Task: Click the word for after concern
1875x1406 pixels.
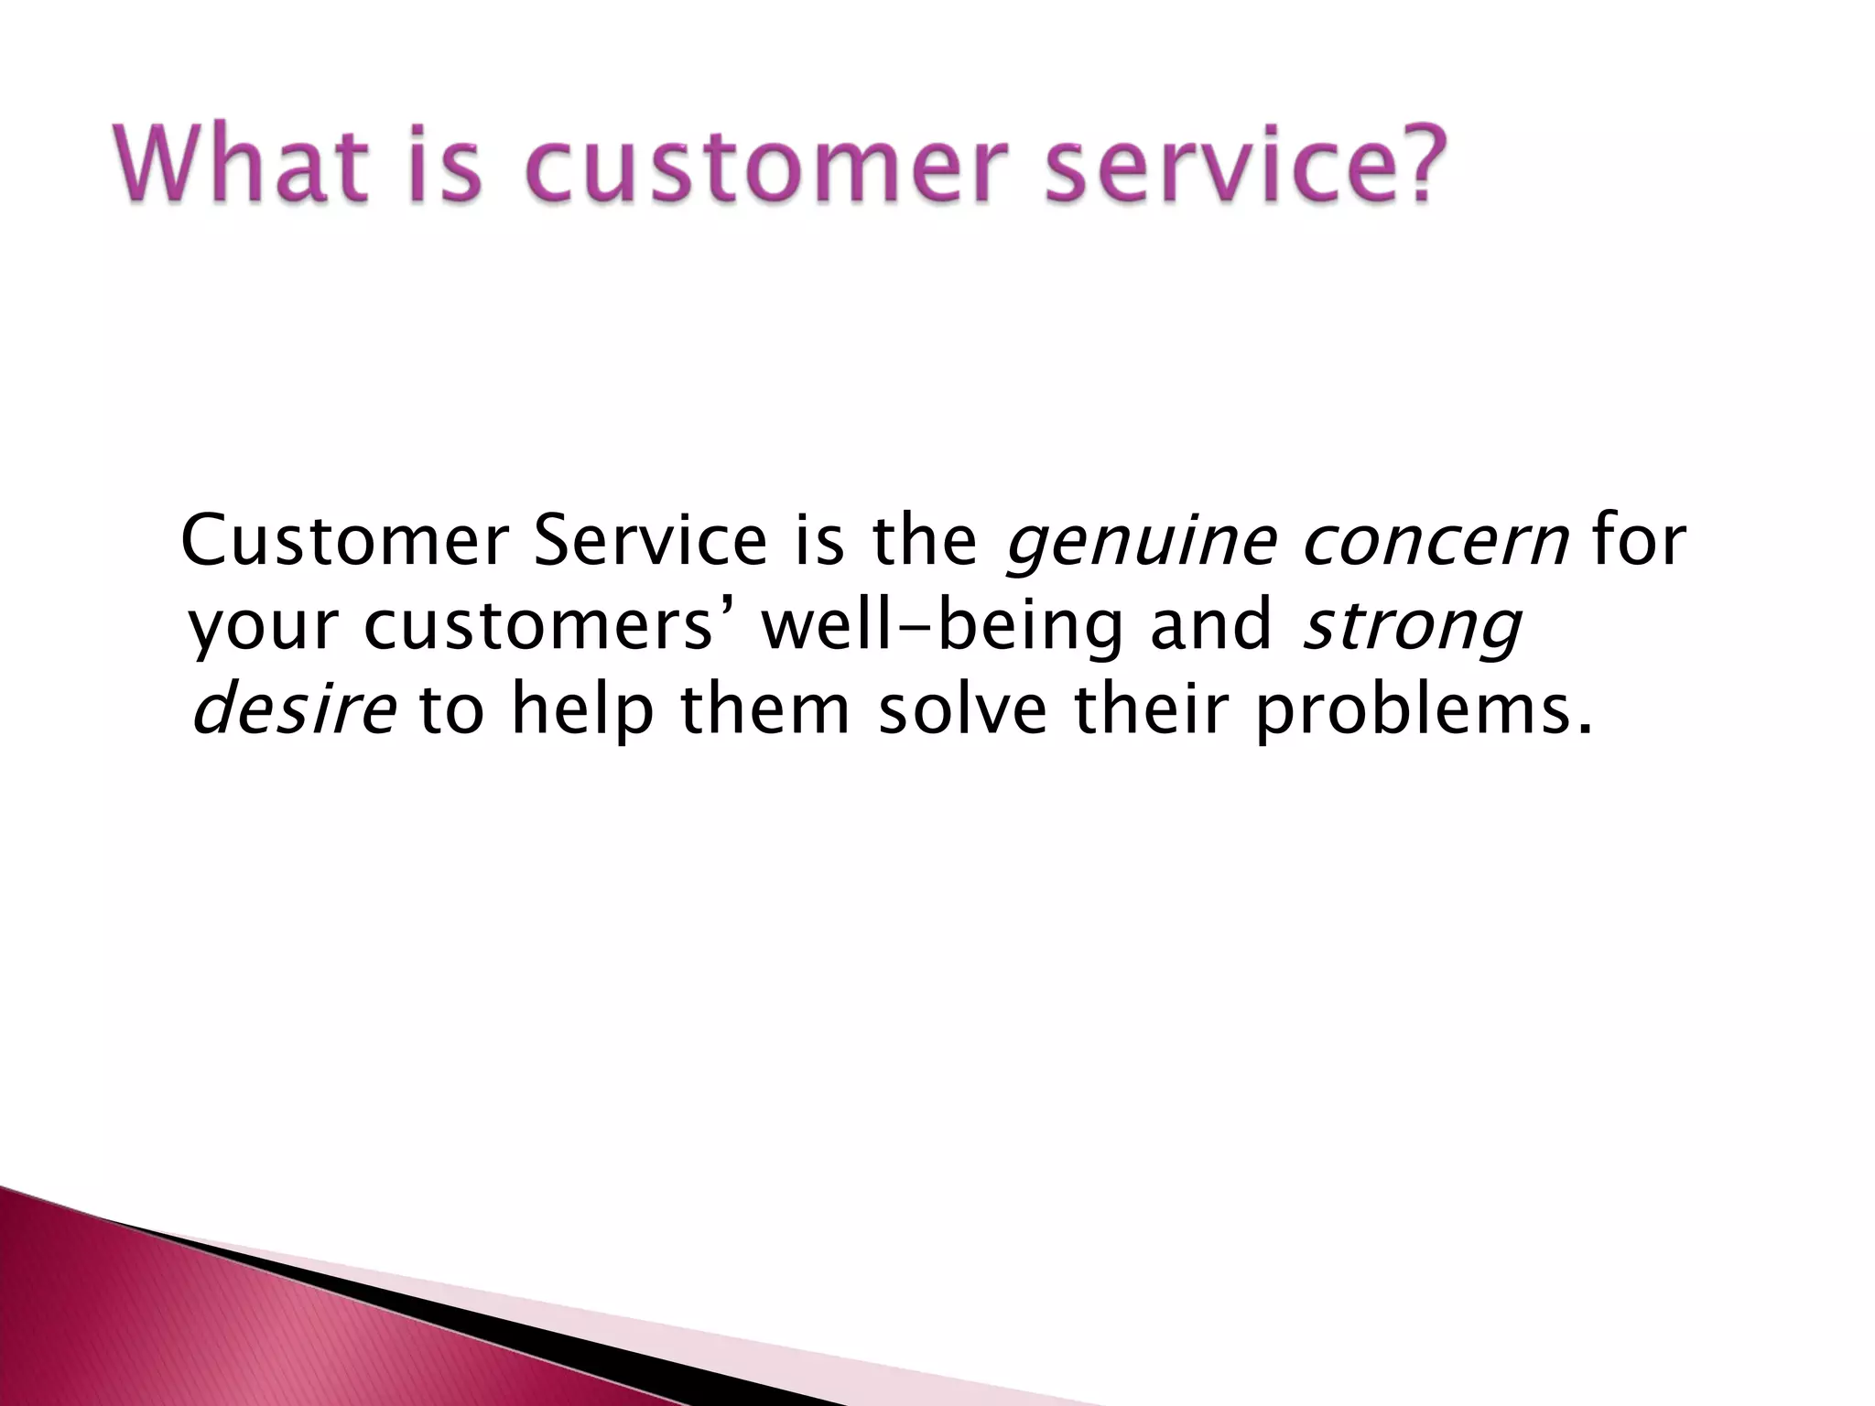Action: [1639, 541]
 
